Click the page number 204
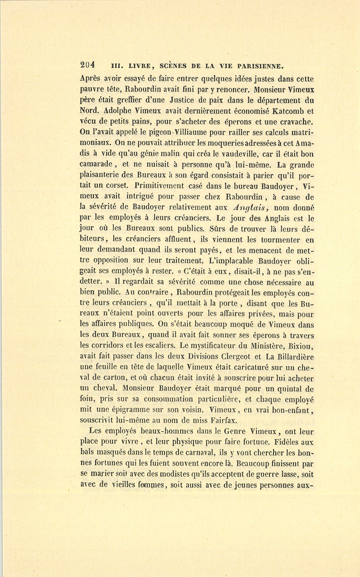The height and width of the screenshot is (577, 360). click(87, 64)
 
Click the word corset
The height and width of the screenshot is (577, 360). click(117, 186)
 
